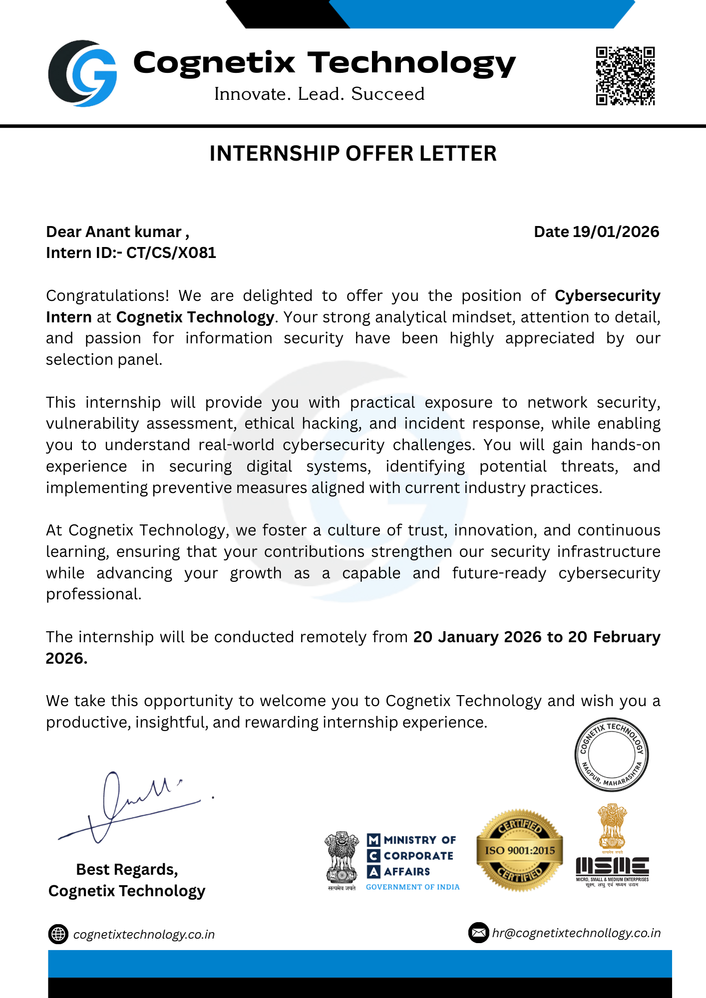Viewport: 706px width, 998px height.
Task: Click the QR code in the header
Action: point(625,76)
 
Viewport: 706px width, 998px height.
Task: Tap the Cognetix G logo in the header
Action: point(83,74)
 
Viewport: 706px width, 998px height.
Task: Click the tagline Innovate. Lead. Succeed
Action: point(319,94)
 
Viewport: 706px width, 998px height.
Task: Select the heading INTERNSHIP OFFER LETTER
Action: point(353,153)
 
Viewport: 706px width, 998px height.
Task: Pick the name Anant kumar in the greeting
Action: point(134,232)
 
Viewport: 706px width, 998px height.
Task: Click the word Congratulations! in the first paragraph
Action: point(107,296)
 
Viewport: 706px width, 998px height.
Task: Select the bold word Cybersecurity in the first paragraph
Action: point(607,296)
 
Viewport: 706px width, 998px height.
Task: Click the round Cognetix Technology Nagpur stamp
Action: point(611,754)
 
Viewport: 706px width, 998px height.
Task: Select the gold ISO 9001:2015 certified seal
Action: point(519,850)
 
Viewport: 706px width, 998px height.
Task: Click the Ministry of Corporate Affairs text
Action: point(418,856)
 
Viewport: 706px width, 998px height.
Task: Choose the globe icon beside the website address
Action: point(58,934)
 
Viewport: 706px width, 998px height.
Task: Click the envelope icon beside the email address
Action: point(478,933)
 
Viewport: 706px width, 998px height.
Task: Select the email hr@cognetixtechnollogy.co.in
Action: point(576,933)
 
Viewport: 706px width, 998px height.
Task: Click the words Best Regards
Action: point(127,870)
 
